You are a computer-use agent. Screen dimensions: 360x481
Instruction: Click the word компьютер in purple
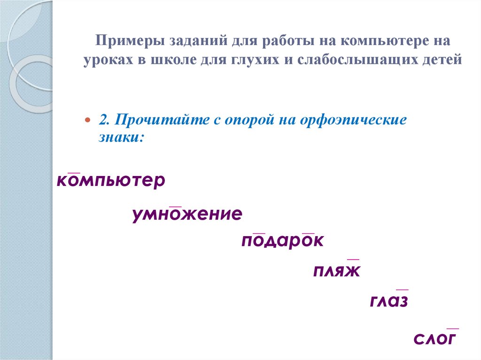tap(111, 181)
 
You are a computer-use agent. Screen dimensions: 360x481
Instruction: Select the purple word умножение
tap(187, 214)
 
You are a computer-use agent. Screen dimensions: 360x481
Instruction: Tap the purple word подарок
tap(283, 241)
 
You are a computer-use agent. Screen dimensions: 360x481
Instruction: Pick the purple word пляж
tap(336, 271)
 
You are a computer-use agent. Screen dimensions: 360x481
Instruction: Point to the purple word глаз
tap(389, 301)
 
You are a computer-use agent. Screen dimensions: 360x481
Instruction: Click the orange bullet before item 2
tap(87, 120)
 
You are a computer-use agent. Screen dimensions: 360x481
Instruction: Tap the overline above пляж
tap(353, 259)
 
